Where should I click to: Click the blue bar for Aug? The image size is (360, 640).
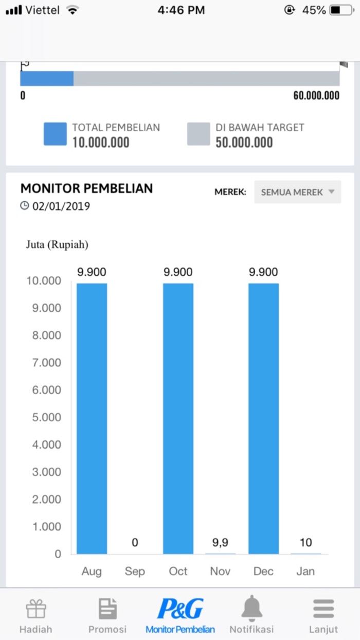click(92, 418)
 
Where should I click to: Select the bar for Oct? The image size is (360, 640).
click(178, 418)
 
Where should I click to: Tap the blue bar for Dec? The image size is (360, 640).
click(263, 418)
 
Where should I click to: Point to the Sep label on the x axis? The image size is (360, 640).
click(135, 571)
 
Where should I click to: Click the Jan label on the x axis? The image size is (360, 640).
click(305, 571)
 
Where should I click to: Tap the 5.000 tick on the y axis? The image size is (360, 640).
click(43, 417)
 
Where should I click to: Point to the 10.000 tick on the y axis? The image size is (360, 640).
click(43, 281)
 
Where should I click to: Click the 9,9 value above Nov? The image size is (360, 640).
click(221, 542)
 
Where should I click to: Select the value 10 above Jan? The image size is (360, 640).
click(305, 542)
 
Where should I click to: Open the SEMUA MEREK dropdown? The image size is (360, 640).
click(297, 192)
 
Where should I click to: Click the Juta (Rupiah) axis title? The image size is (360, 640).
click(57, 244)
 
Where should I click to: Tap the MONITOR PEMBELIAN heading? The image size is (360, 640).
click(86, 188)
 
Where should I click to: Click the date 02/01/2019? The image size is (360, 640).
click(61, 206)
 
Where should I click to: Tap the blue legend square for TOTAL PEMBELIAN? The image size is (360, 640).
click(55, 134)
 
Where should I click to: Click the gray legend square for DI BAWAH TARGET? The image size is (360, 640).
click(199, 134)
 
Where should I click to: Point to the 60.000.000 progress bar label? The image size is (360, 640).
click(316, 96)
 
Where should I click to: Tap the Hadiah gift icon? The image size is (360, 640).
click(36, 610)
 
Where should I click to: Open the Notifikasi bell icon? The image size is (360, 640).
click(251, 609)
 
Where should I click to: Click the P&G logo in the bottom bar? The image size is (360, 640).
click(180, 609)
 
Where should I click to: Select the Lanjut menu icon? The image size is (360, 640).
click(323, 609)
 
